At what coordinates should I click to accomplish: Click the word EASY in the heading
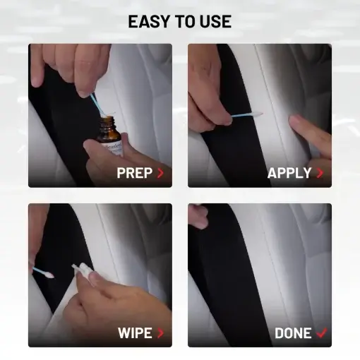pyautogui.click(x=149, y=21)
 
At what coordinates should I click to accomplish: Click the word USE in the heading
pyautogui.click(x=215, y=21)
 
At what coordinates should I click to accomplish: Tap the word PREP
pyautogui.click(x=135, y=173)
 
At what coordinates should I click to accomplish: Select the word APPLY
pyautogui.click(x=289, y=173)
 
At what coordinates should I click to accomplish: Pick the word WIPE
pyautogui.click(x=135, y=332)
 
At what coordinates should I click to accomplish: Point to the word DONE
pyautogui.click(x=293, y=333)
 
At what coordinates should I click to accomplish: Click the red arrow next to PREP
pyautogui.click(x=160, y=173)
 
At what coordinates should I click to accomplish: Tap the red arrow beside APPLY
pyautogui.click(x=320, y=173)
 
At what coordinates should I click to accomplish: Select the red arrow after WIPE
pyautogui.click(x=160, y=333)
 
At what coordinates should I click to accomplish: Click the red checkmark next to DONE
pyautogui.click(x=322, y=332)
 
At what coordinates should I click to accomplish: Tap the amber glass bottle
pyautogui.click(x=110, y=135)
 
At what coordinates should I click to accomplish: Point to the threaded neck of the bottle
pyautogui.click(x=107, y=121)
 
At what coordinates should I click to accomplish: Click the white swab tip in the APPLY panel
pyautogui.click(x=257, y=114)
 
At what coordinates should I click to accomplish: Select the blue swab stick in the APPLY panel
pyautogui.click(x=242, y=115)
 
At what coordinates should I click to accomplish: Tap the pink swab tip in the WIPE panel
pyautogui.click(x=49, y=275)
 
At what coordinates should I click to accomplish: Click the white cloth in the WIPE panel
pyautogui.click(x=82, y=270)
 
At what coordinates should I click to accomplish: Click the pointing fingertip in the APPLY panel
pyautogui.click(x=294, y=121)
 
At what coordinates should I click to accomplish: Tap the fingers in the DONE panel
pyautogui.click(x=198, y=216)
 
